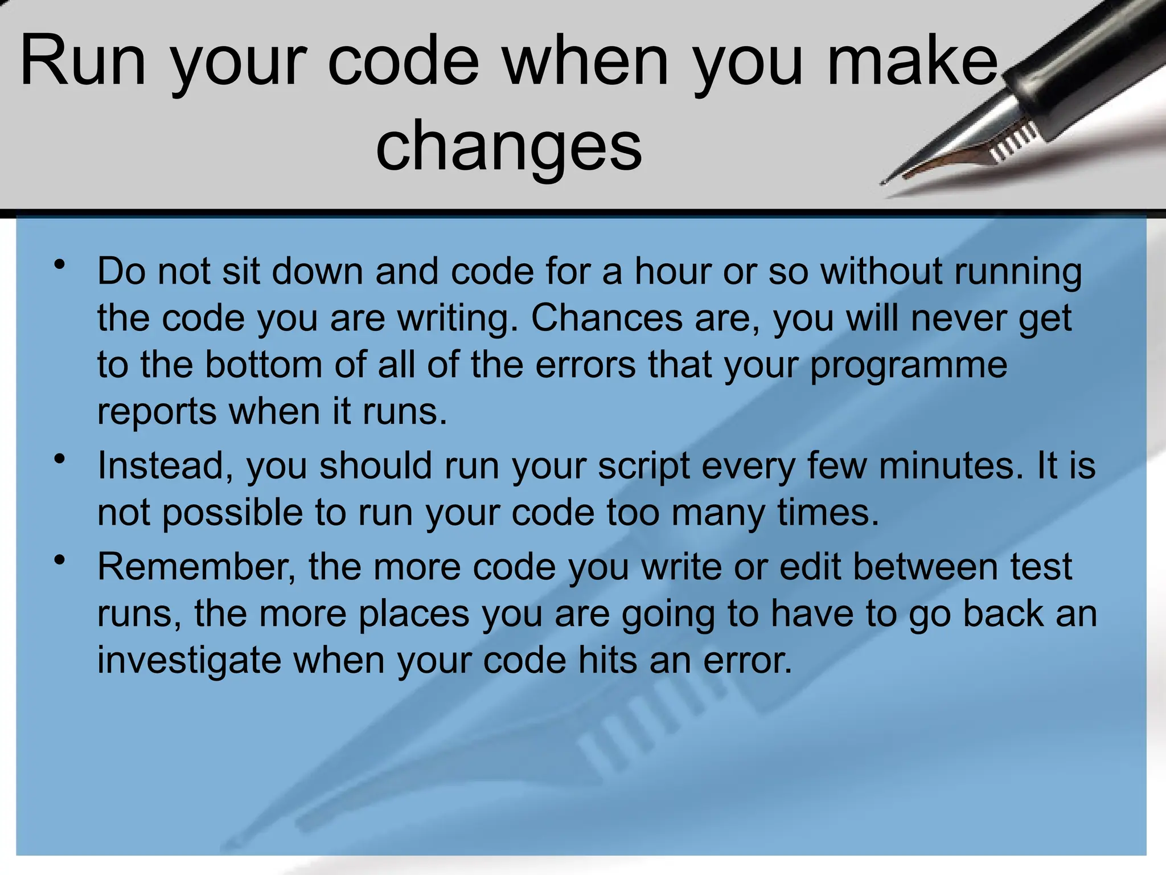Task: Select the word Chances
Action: (606, 317)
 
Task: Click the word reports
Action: (157, 412)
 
